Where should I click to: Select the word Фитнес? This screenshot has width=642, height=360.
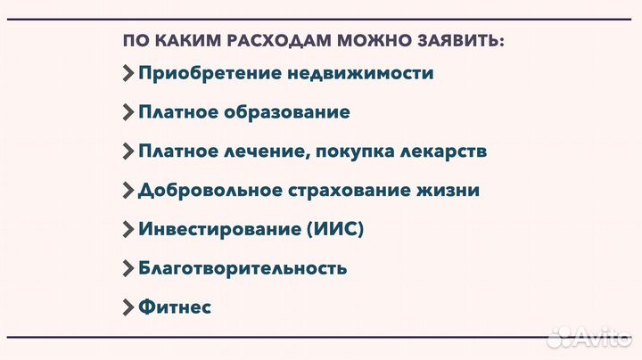point(175,307)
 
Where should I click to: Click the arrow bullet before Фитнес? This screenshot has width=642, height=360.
point(128,307)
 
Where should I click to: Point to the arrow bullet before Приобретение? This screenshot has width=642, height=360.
point(128,73)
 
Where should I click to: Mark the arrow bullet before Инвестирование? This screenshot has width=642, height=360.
point(128,229)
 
